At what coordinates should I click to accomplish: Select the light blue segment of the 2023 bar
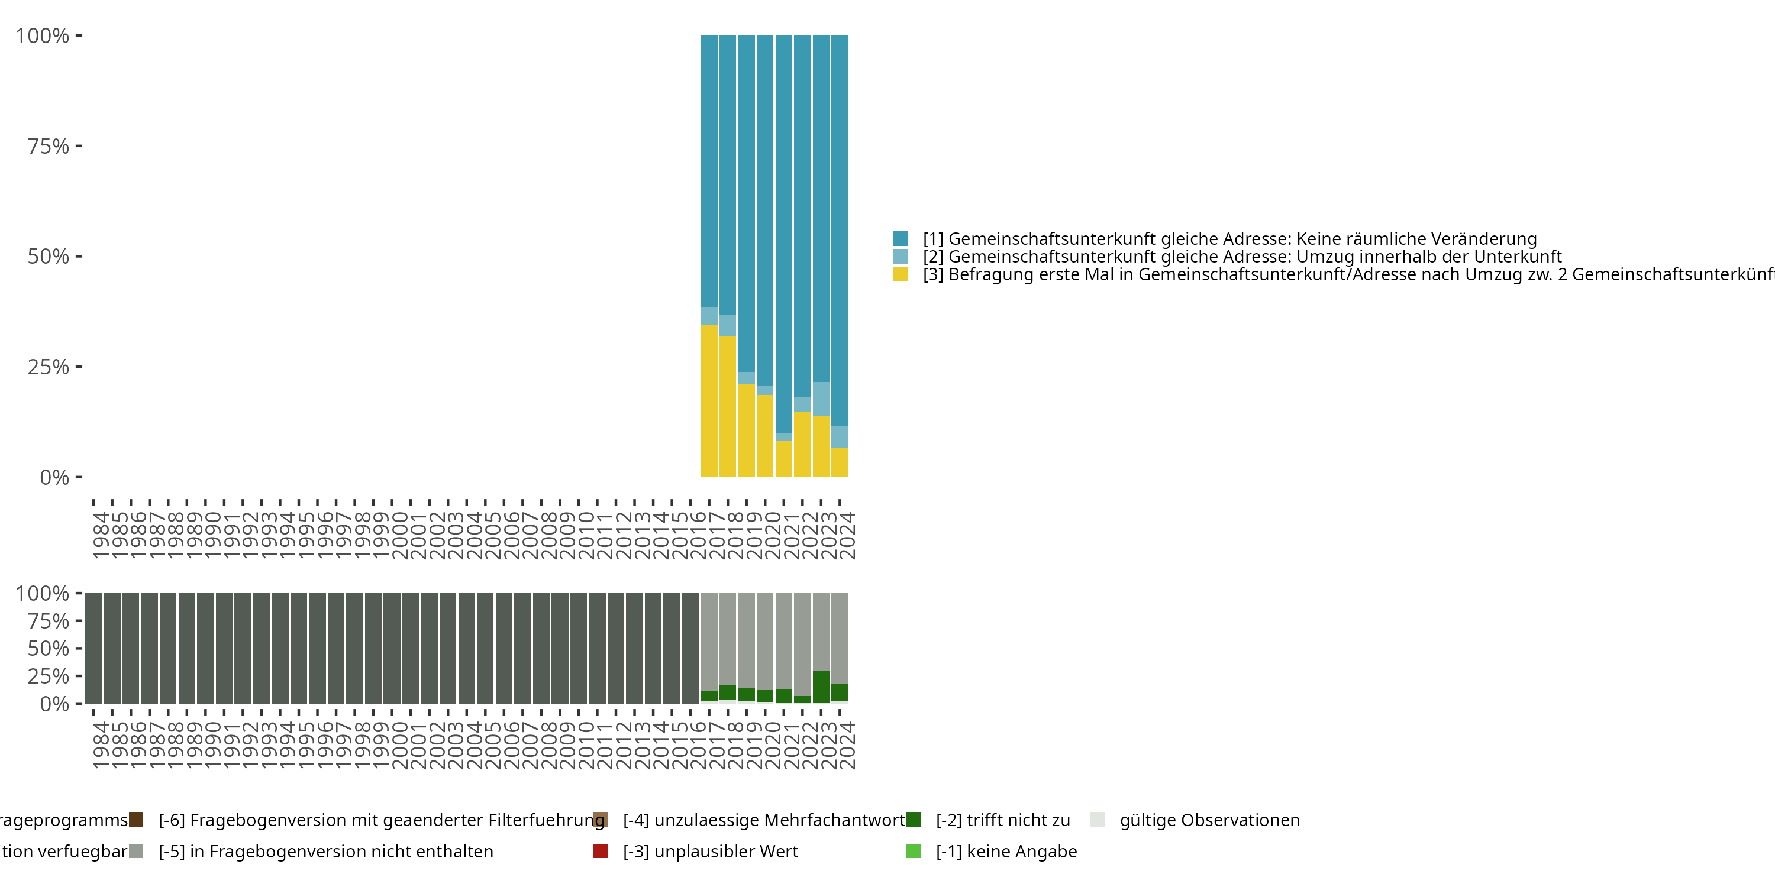tap(821, 399)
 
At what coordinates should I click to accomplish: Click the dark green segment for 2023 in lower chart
tap(821, 687)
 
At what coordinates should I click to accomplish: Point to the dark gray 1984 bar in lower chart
tap(93, 648)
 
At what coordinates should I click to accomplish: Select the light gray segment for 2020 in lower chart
tap(765, 641)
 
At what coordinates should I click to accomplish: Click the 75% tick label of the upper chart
tap(49, 146)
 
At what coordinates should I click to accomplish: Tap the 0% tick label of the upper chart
tap(54, 477)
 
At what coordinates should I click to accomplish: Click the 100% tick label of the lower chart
tap(43, 594)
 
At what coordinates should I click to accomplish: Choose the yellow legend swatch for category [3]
tap(900, 274)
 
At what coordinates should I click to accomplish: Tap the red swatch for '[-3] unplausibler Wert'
tap(600, 851)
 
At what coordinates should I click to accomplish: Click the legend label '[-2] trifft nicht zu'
tap(1002, 820)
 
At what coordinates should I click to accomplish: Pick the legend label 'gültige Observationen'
tap(1209, 820)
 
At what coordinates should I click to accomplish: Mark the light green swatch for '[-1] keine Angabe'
tap(913, 851)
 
